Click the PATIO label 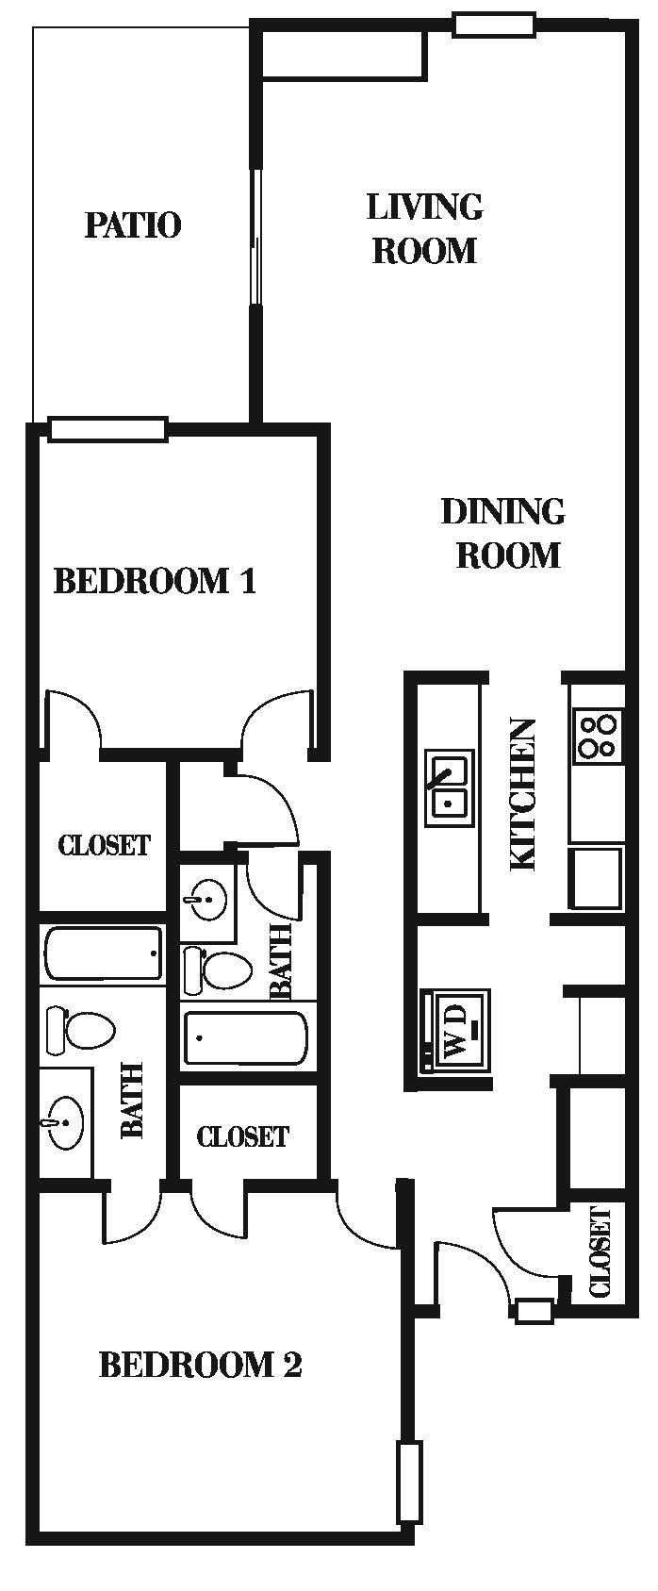click(133, 225)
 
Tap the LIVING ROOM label click(424, 228)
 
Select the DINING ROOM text click(504, 533)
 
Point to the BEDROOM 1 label click(155, 580)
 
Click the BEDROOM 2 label click(200, 1365)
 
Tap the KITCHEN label click(523, 794)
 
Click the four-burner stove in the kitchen click(597, 737)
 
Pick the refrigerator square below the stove click(596, 877)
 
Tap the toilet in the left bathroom click(80, 1032)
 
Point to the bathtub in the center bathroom click(245, 1038)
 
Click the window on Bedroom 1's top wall click(107, 429)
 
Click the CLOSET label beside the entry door click(600, 1251)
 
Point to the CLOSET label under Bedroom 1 click(104, 844)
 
